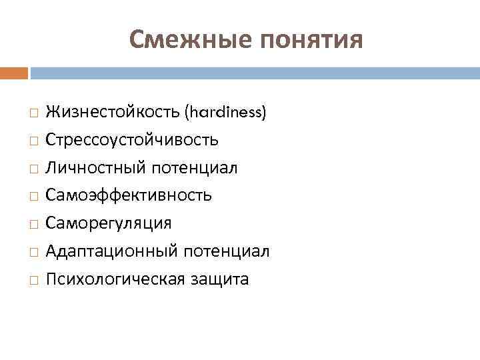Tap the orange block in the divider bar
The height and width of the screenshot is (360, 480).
pos(14,73)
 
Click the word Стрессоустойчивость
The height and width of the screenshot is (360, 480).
pos(132,141)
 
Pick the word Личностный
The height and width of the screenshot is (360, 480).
pos(96,168)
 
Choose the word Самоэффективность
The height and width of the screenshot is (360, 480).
pos(129,195)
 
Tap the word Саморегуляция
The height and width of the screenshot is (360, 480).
pos(109,223)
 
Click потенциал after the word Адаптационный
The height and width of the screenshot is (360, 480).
pos(226,251)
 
